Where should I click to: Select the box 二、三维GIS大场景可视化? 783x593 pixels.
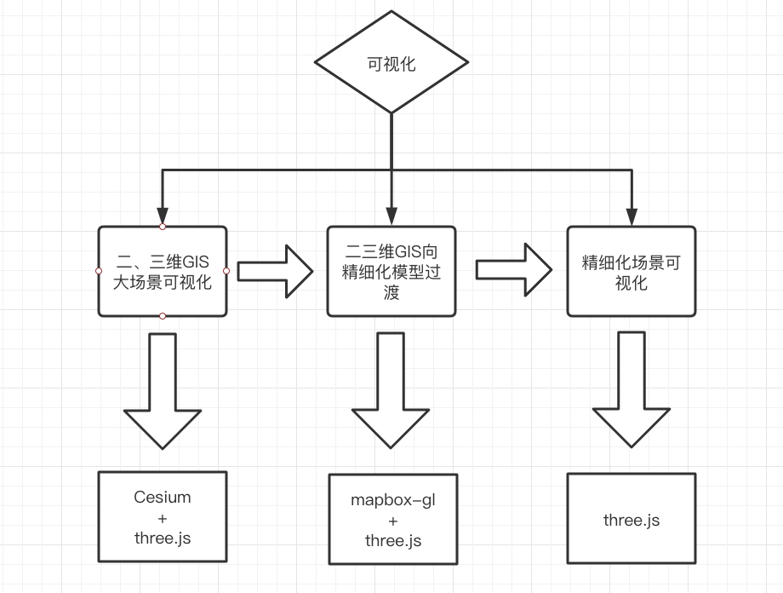(163, 271)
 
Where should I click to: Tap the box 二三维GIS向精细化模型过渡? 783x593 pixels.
(391, 271)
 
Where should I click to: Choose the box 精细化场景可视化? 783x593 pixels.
(631, 271)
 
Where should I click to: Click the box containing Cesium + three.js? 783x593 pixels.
(163, 517)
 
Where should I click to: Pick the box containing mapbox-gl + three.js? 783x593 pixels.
(392, 519)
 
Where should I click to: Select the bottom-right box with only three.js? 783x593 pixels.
(631, 518)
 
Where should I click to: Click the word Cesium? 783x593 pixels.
(163, 497)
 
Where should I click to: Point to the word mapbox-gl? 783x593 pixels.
(392, 499)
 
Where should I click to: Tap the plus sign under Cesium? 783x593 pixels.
(163, 517)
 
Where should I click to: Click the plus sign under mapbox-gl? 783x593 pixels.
(392, 521)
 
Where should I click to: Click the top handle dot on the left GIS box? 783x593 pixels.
(163, 226)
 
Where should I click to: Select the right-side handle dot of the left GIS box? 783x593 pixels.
(226, 271)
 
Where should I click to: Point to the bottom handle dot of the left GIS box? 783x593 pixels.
(163, 316)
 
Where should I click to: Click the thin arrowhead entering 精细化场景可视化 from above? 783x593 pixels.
(631, 216)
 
